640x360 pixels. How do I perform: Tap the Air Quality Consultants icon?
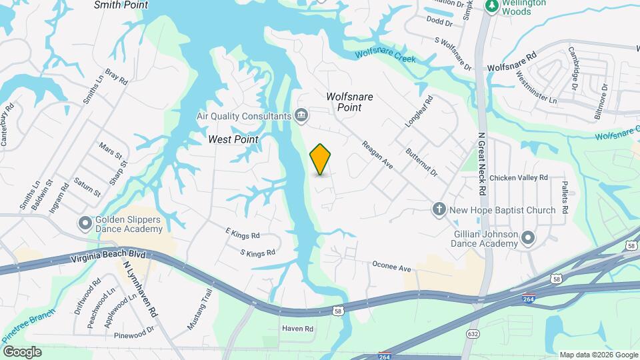[301, 116]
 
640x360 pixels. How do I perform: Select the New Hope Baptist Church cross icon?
[439, 210]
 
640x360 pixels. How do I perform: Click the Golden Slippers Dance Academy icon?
[85, 223]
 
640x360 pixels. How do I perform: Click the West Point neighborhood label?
[233, 139]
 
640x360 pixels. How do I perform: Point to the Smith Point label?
[121, 5]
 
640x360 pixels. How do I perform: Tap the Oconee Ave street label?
[391, 268]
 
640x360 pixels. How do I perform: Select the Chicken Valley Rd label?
[518, 178]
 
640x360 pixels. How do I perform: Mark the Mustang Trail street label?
[199, 310]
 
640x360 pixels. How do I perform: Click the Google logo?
[22, 351]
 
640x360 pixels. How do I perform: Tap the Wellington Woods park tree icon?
[492, 6]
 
